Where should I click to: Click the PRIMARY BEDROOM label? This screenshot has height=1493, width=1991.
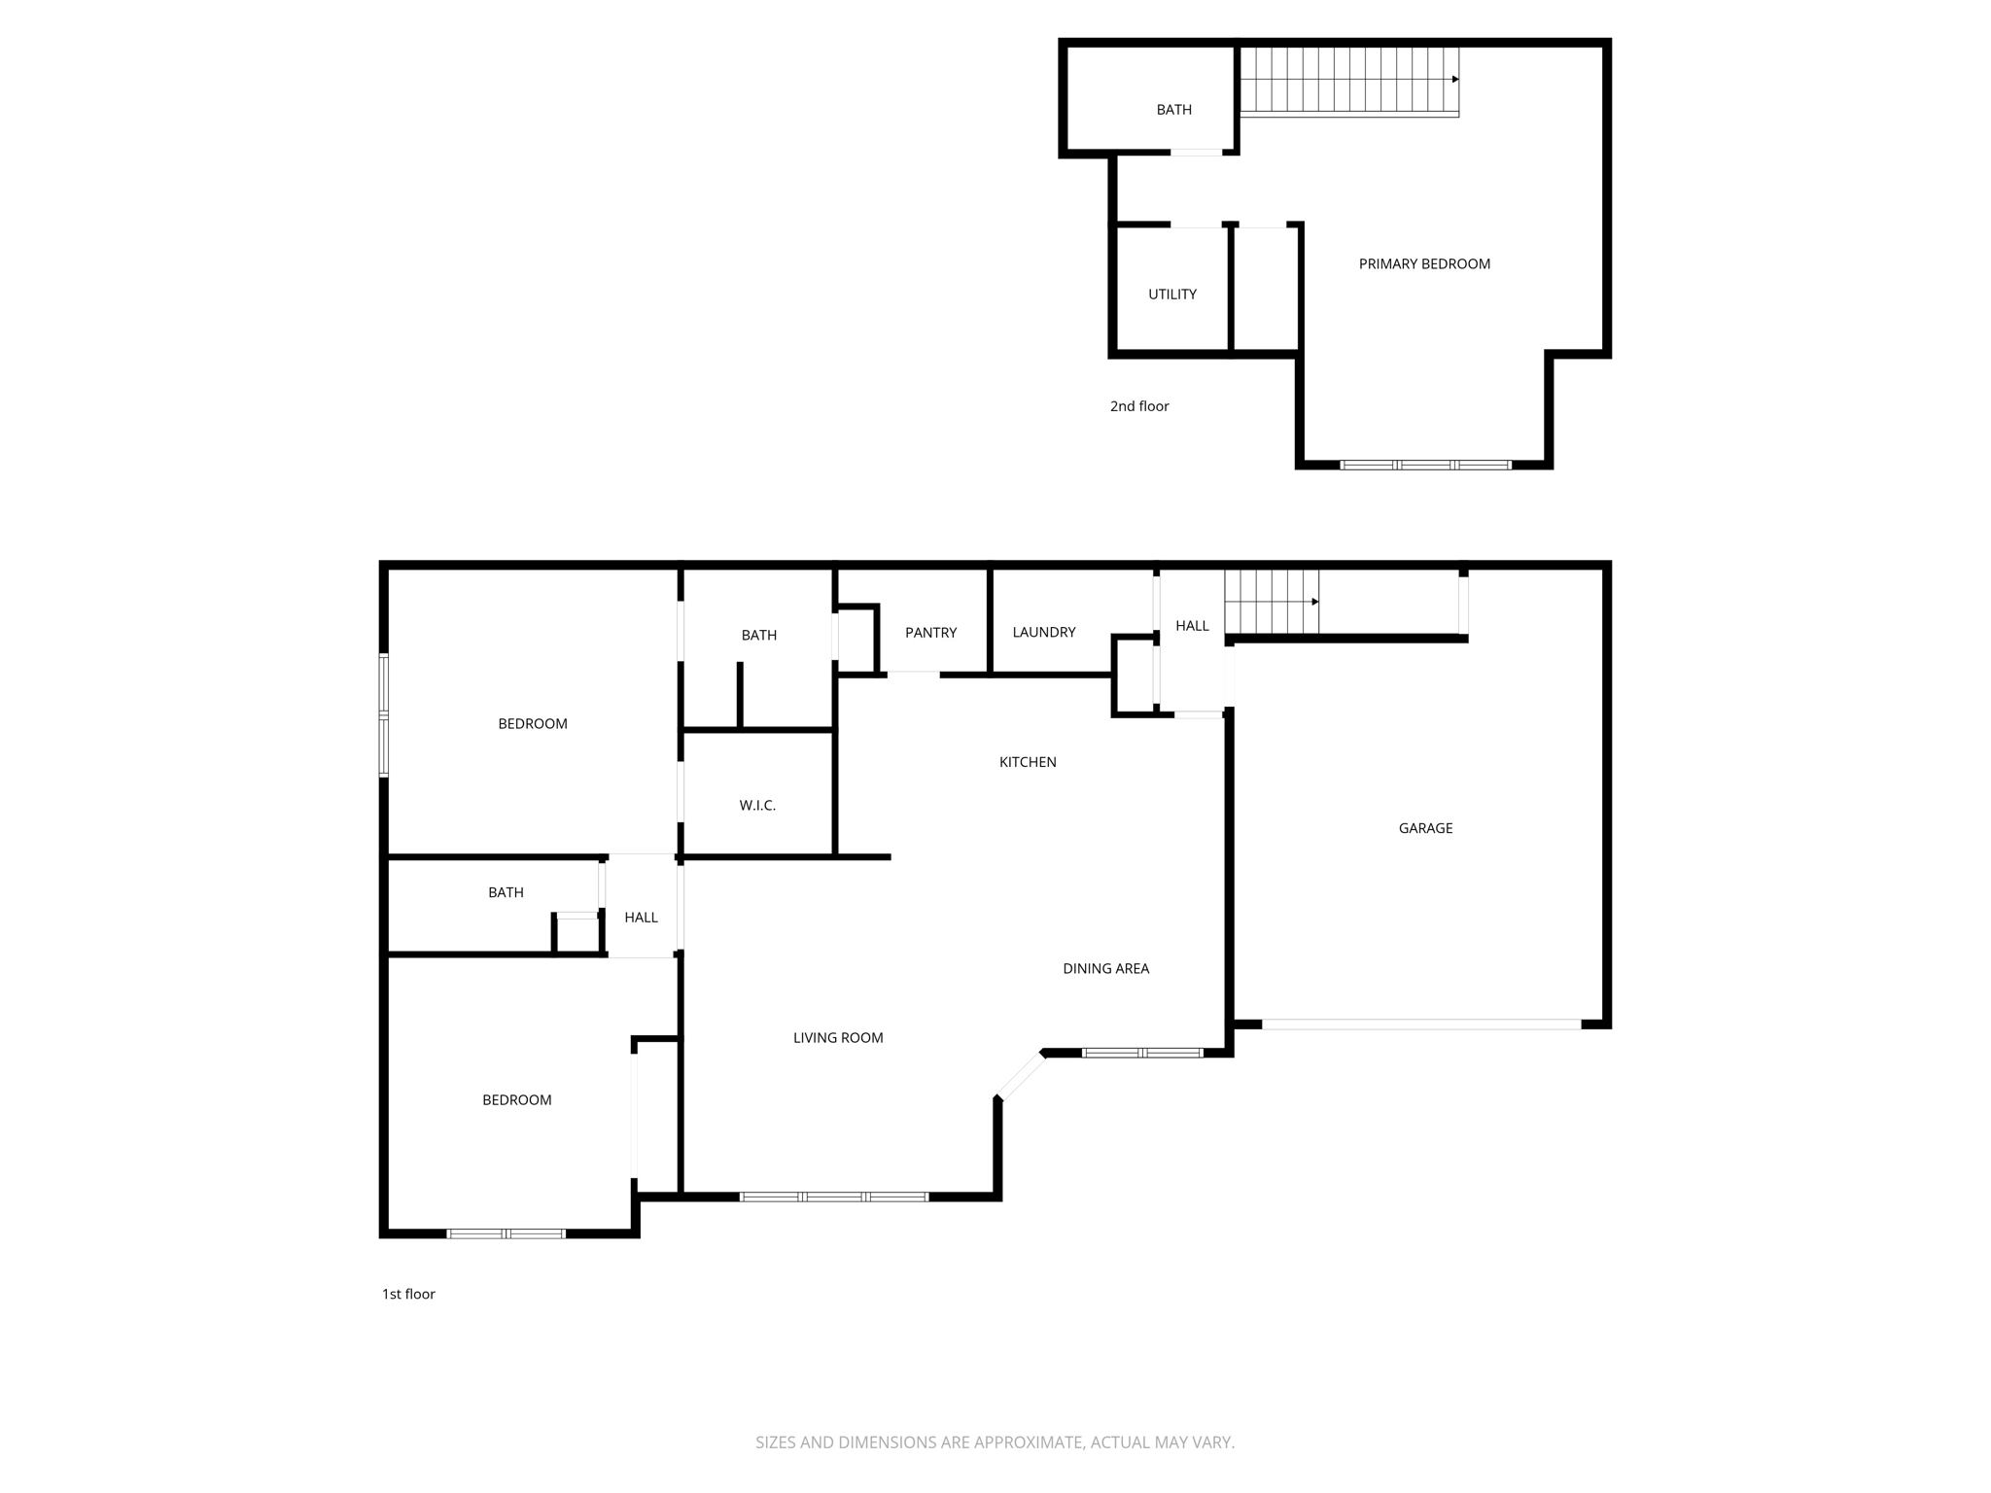pos(1424,264)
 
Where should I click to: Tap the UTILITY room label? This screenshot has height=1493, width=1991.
pos(1172,295)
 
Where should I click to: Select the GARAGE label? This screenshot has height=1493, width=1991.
pos(1425,828)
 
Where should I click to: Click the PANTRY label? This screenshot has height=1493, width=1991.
pos(930,633)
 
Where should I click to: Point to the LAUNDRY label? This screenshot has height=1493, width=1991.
pos(1044,633)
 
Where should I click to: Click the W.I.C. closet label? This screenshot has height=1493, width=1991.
pos(757,806)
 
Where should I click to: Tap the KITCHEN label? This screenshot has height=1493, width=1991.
pos(1028,762)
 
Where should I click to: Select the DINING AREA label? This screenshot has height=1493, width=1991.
pos(1105,969)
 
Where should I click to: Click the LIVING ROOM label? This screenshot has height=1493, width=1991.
pos(838,1038)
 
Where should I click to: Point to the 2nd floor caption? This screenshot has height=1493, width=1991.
pos(1139,406)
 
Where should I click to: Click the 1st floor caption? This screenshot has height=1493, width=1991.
pos(408,1294)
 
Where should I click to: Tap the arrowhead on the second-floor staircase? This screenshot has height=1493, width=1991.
pos(1455,80)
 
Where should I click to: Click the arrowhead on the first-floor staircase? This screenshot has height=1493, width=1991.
pos(1315,602)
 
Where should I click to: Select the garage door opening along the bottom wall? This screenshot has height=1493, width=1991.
pos(1421,1024)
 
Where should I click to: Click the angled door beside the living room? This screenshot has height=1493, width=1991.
pos(1020,1076)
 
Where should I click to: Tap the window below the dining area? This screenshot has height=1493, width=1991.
pos(1142,1053)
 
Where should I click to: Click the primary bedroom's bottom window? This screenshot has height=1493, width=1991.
pos(1425,466)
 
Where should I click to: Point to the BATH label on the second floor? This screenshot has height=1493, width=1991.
pos(1173,110)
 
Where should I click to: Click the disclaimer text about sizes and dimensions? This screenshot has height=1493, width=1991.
pos(995,1442)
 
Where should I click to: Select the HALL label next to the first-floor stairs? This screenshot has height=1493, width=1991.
pos(1192,626)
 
